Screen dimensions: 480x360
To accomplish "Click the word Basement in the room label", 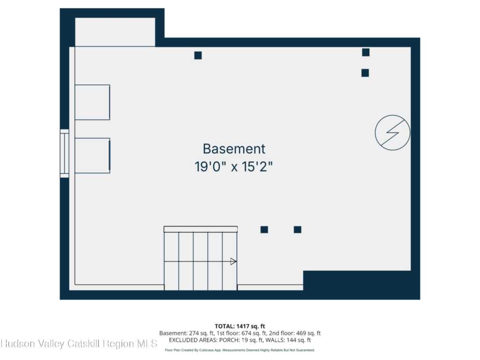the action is tap(234, 149).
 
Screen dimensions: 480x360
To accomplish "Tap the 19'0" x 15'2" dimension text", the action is tap(233, 167).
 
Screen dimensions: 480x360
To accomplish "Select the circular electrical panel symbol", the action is tap(392, 133).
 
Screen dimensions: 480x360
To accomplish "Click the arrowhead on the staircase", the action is tap(233, 262).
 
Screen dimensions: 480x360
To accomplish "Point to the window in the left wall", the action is tap(64, 153).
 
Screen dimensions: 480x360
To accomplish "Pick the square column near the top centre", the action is tap(198, 55).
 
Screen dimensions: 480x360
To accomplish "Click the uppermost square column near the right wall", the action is tap(366, 52).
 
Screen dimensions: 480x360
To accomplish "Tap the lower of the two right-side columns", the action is tap(365, 73).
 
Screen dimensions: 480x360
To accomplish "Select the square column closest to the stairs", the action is tap(264, 230).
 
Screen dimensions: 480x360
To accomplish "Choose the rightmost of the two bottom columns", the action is tap(298, 230).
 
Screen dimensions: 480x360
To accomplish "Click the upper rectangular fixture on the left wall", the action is tap(92, 102).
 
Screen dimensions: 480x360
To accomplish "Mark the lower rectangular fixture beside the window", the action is tap(92, 156).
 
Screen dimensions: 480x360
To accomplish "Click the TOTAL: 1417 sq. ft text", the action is tap(240, 326).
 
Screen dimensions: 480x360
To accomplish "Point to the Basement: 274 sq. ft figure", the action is tap(187, 333).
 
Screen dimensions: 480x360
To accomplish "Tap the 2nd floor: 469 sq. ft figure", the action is tap(295, 333).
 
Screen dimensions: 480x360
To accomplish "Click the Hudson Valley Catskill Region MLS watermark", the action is tap(79, 344).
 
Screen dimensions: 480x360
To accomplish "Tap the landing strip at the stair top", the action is tap(201, 229).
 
